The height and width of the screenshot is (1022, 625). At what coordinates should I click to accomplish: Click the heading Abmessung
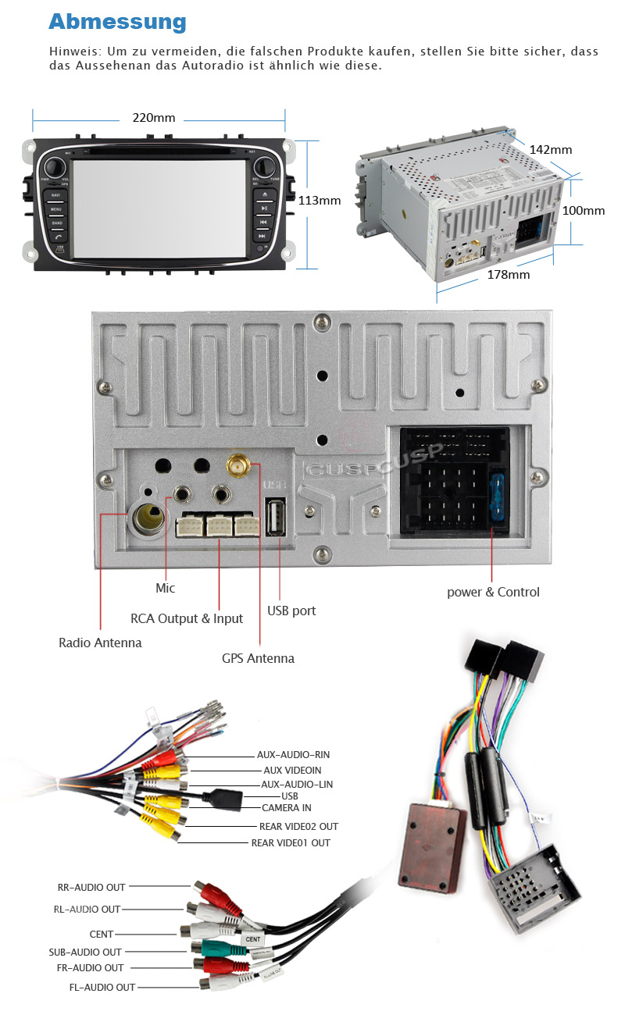click(x=117, y=22)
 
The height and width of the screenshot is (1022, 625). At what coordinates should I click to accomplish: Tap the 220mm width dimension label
click(x=154, y=118)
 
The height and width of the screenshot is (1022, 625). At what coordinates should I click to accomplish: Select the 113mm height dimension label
click(x=320, y=200)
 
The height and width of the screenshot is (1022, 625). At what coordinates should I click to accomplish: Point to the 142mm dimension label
click(x=551, y=149)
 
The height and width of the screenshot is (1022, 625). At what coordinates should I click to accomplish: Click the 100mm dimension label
click(x=584, y=210)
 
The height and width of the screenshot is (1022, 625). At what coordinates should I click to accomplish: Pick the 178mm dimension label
click(x=508, y=274)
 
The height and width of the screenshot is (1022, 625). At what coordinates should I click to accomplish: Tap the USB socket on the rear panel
click(x=275, y=516)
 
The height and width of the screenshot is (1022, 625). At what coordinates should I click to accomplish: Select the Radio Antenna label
click(x=100, y=643)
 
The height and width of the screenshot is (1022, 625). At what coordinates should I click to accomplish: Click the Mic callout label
click(x=165, y=588)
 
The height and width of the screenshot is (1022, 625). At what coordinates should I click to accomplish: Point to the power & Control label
click(x=493, y=592)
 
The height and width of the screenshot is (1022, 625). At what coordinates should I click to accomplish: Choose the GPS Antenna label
click(x=258, y=658)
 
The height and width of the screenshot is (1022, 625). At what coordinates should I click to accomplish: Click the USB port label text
click(x=291, y=611)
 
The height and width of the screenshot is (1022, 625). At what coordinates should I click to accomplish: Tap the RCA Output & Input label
click(x=187, y=618)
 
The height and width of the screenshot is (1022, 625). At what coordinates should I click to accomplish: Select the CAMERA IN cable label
click(x=286, y=807)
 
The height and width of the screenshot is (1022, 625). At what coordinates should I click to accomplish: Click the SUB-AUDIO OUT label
click(x=85, y=952)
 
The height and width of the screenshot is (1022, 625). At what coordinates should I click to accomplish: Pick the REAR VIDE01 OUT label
click(x=291, y=842)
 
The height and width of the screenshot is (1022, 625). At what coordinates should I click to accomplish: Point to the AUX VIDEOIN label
click(x=292, y=770)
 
